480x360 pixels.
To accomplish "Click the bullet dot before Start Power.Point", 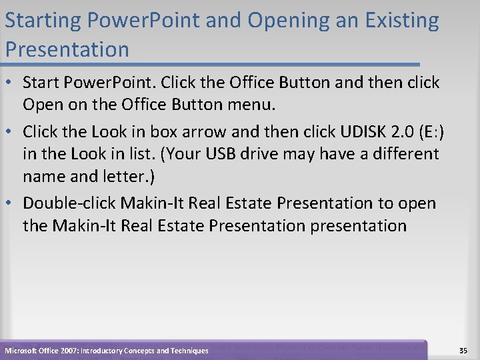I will pos(11,83).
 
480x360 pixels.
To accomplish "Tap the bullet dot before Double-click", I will pos(11,203).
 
